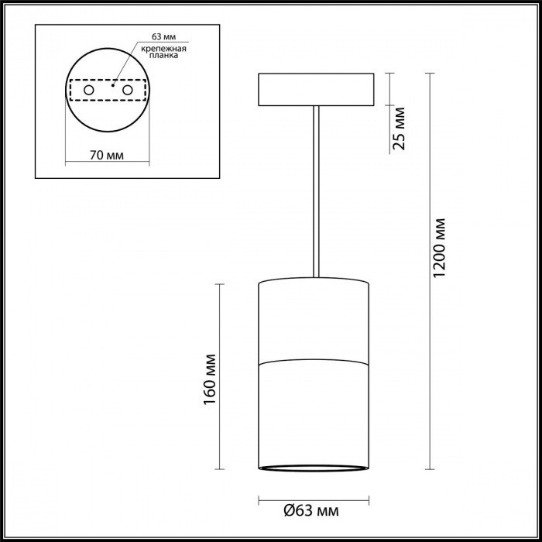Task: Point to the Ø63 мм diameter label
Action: tap(312, 511)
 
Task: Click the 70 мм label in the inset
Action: tap(107, 154)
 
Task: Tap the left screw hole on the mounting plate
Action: tap(89, 91)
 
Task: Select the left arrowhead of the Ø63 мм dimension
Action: tap(261, 498)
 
